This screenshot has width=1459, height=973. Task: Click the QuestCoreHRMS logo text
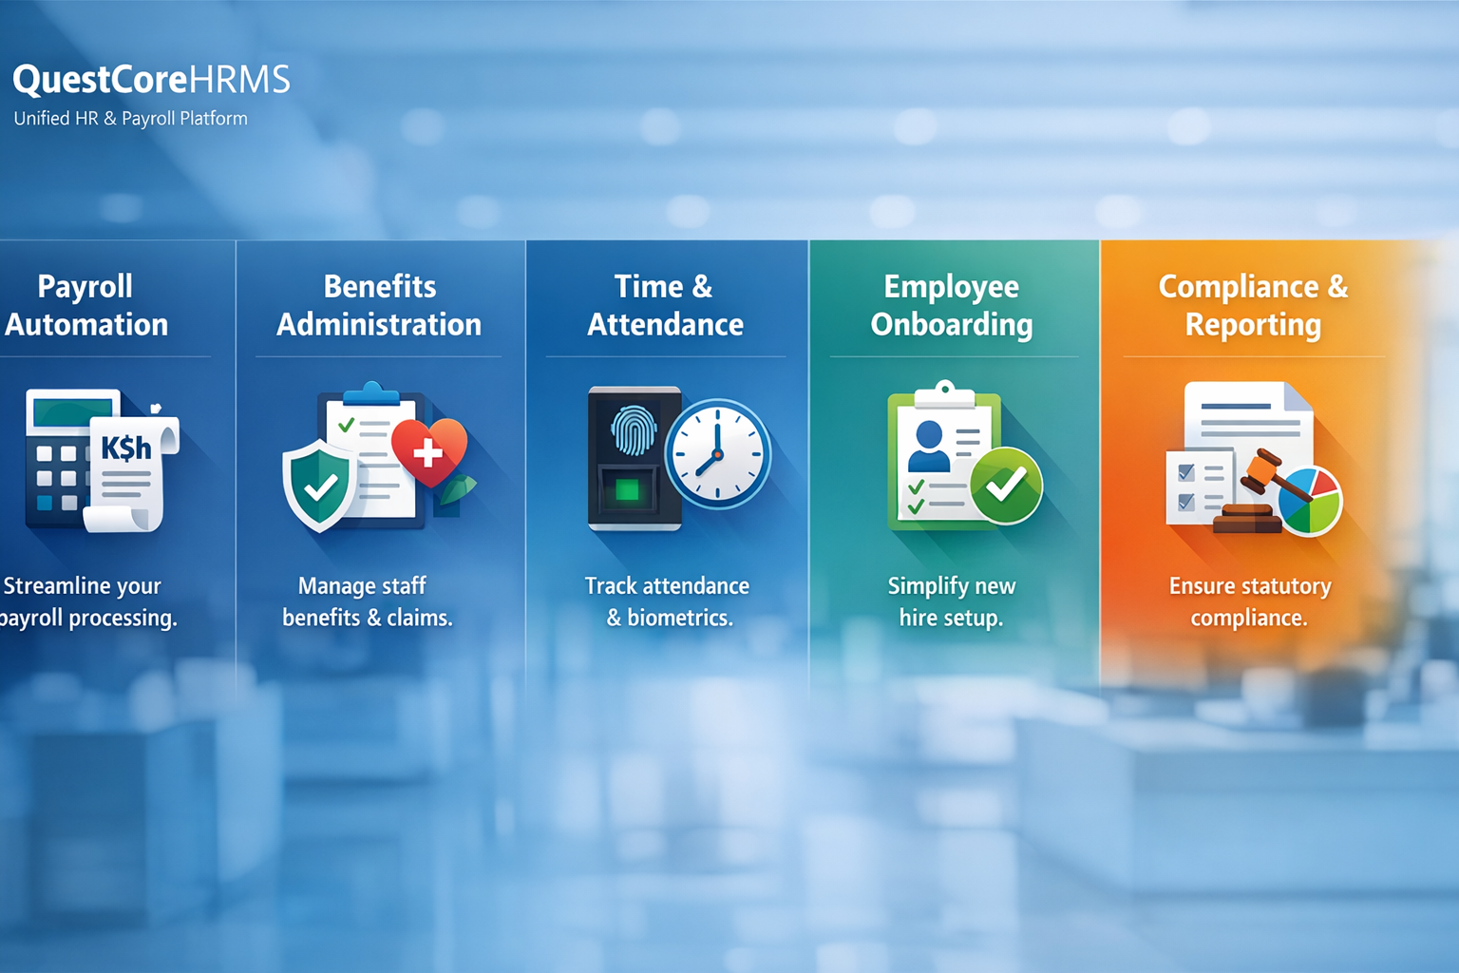click(x=151, y=80)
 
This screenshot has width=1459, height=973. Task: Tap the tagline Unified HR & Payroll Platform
click(x=130, y=119)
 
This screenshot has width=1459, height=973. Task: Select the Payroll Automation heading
click(x=86, y=305)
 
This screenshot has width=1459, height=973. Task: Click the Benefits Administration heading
click(x=379, y=305)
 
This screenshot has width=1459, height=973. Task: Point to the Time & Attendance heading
click(x=665, y=305)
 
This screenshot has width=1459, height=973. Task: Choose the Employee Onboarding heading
click(x=952, y=305)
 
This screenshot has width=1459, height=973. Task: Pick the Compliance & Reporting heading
click(x=1253, y=305)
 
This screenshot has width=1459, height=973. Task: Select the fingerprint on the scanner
click(x=634, y=429)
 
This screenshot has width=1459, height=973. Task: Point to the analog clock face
click(x=717, y=454)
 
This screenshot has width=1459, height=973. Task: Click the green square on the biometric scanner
click(x=627, y=490)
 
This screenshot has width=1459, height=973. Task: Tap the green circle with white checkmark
click(x=1005, y=486)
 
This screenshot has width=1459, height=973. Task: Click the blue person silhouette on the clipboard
click(x=928, y=446)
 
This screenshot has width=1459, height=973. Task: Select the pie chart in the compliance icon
click(x=1310, y=500)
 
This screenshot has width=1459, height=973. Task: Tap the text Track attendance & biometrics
click(x=668, y=601)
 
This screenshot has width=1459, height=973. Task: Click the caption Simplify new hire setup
click(x=952, y=601)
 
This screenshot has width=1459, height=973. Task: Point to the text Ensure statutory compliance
click(x=1249, y=601)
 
